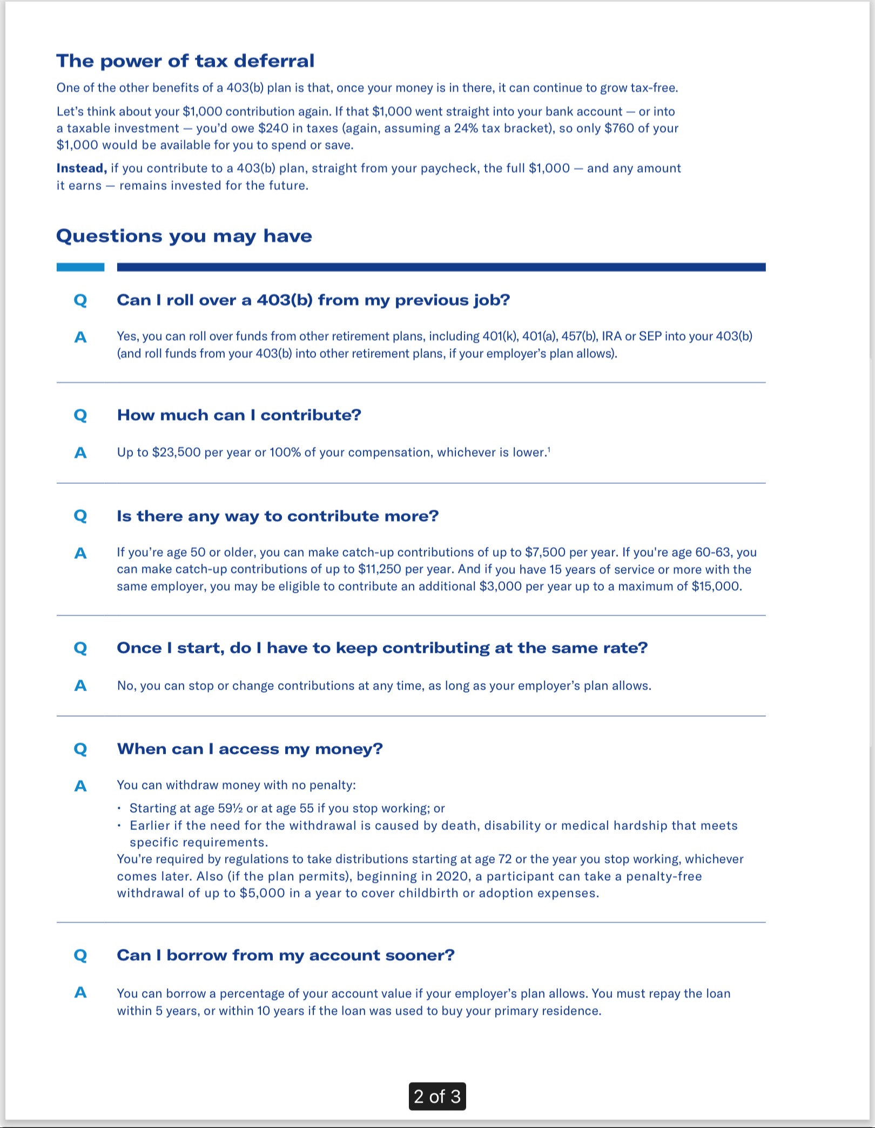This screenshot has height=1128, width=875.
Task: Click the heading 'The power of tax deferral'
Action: coord(185,61)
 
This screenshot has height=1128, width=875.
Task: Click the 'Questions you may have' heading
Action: coord(184,236)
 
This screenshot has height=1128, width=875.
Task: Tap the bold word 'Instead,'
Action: coord(82,168)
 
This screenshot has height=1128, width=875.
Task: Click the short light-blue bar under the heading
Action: coord(80,267)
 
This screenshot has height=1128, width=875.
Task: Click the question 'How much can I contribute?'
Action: coord(239,415)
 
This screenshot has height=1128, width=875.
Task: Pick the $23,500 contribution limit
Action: coord(176,452)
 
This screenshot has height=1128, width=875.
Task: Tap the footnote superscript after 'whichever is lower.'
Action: coord(549,449)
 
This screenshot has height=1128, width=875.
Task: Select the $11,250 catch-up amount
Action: coord(380,570)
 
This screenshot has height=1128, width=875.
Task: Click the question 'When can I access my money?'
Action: coord(250,749)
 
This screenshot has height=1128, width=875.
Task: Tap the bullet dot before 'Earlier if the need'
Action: coord(119,826)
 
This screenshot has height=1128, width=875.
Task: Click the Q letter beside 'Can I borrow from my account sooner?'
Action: coord(80,956)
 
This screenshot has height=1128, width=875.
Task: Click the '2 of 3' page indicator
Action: coord(437,1097)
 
